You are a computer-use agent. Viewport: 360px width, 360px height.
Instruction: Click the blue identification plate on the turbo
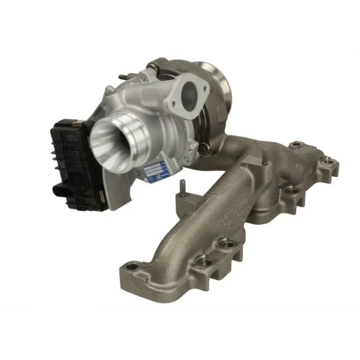[x=154, y=171]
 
